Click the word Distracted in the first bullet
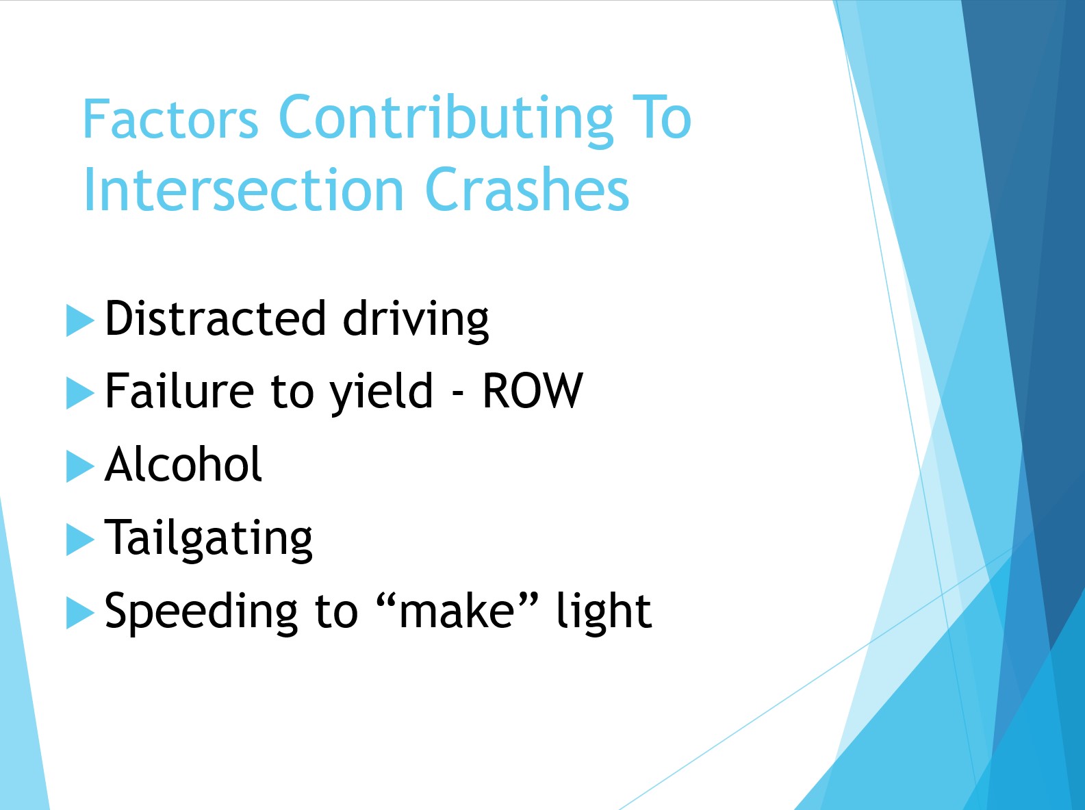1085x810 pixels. (x=216, y=319)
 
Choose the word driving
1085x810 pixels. (x=416, y=320)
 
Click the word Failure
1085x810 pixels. (x=179, y=392)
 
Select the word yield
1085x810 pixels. (x=381, y=394)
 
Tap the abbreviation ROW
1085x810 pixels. (x=533, y=391)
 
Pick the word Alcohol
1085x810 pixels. (x=183, y=464)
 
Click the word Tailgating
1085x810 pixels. (x=209, y=539)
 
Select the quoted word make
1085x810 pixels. (x=457, y=611)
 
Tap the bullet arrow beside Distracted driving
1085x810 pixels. (x=80, y=320)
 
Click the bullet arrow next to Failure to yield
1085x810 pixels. (x=80, y=394)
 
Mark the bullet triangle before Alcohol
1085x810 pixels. (x=80, y=466)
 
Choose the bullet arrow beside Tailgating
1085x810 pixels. (x=80, y=540)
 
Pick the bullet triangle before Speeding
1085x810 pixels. (x=80, y=613)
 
